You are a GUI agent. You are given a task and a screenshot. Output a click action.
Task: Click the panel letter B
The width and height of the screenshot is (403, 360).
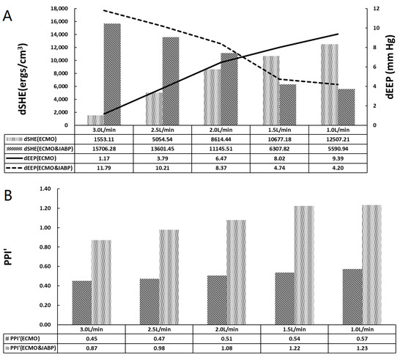[x=8, y=197]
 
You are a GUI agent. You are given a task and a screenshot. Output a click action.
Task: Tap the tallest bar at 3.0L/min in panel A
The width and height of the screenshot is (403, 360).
[x=112, y=73]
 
